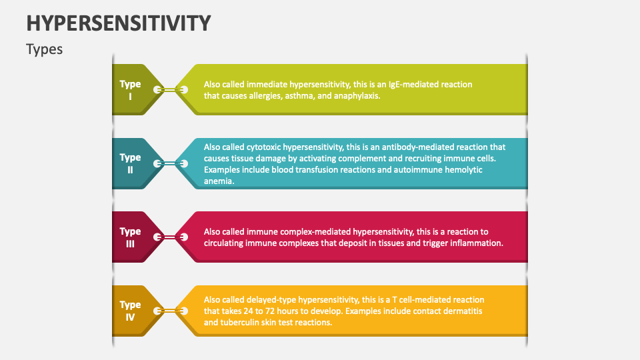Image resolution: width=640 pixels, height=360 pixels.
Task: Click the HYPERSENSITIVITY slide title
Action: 119,23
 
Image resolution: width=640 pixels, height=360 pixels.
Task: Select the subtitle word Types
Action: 45,49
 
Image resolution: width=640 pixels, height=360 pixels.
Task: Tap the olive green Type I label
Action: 131,90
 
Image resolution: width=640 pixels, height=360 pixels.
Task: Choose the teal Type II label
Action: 131,163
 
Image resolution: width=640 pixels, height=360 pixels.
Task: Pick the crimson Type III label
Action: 131,237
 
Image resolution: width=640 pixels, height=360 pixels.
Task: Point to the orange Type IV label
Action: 131,311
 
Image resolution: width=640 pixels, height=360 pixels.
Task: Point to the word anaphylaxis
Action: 357,96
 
